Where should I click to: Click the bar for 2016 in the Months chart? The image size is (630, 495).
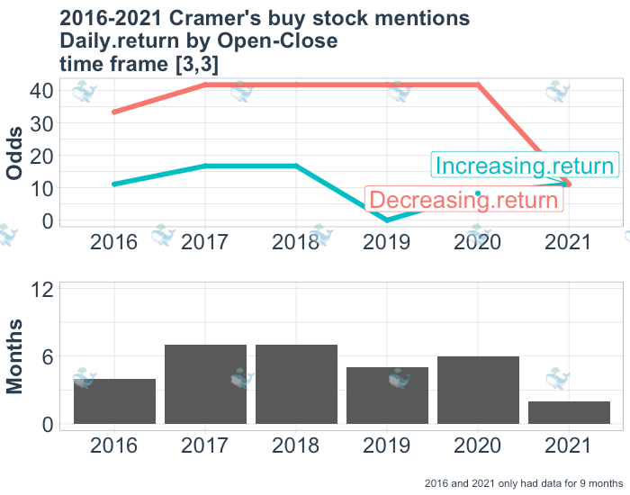(114, 401)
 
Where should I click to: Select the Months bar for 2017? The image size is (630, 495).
(205, 384)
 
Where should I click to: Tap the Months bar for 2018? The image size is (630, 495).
(296, 384)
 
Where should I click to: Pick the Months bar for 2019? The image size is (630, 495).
(387, 396)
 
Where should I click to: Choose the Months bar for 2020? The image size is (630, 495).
(478, 391)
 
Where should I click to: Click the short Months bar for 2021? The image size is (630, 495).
(569, 412)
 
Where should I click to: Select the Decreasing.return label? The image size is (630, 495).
(463, 200)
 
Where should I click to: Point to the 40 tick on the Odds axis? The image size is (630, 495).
(42, 90)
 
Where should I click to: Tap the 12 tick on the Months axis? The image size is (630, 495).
(42, 290)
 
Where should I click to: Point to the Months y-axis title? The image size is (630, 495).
(16, 357)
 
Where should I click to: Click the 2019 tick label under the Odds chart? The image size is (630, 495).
(387, 242)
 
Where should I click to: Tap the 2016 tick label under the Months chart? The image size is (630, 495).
(114, 445)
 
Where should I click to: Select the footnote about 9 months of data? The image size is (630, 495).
(524, 483)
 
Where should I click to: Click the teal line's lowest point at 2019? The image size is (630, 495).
(387, 220)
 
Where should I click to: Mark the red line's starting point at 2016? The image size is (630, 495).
(114, 112)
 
